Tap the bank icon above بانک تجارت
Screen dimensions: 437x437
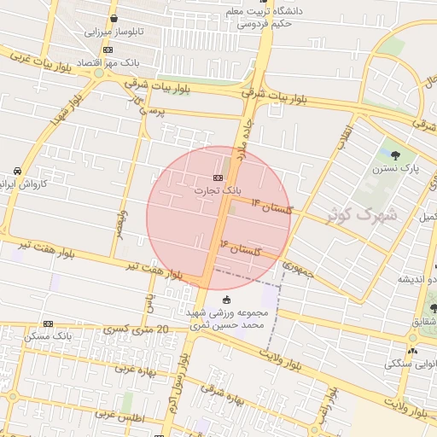[217, 178]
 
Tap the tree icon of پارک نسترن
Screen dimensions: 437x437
[396, 154]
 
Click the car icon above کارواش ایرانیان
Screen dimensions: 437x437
[17, 170]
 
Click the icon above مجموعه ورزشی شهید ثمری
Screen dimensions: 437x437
[226, 300]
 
